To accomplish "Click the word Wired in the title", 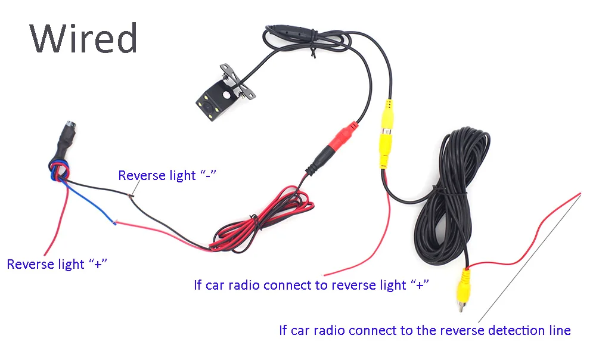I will (83, 39).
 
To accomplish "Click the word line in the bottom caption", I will (560, 330).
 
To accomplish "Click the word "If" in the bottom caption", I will (283, 330).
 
